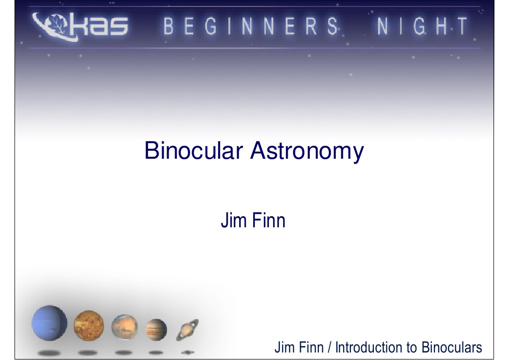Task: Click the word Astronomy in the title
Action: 307,152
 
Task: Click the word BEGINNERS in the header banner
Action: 251,27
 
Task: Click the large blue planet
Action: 50,323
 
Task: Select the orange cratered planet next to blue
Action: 89,325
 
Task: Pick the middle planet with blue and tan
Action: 124,327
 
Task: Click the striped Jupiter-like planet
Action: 156,329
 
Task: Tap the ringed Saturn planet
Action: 187,330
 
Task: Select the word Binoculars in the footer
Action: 451,347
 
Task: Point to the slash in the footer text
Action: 330,347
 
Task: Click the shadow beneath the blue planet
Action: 49,352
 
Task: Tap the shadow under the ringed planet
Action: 187,352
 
